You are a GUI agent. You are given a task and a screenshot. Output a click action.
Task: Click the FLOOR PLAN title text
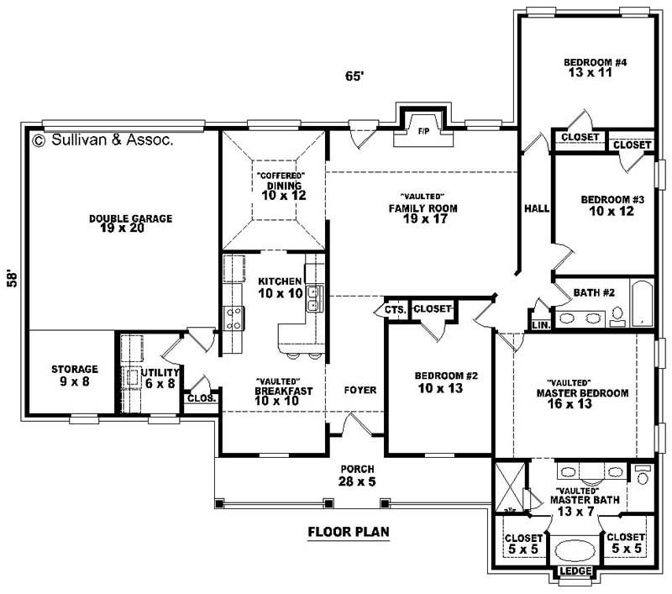tap(349, 531)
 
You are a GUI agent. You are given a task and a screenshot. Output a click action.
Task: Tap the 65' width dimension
tap(354, 76)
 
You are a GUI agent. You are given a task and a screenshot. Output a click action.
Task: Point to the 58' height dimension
tap(12, 279)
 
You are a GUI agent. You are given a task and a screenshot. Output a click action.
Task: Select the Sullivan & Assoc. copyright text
tap(102, 140)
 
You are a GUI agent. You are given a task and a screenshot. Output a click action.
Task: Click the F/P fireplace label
tap(423, 131)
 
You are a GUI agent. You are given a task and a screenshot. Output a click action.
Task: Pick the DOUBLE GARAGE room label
tap(130, 223)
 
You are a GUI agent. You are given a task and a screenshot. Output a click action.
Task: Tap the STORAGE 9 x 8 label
tap(74, 374)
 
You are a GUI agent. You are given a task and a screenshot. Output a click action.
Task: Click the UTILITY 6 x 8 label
tap(159, 377)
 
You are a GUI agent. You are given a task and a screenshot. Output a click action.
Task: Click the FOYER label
tap(360, 390)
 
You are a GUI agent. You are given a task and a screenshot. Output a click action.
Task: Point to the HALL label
tap(535, 208)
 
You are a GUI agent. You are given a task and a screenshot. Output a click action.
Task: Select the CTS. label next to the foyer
tap(396, 309)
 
